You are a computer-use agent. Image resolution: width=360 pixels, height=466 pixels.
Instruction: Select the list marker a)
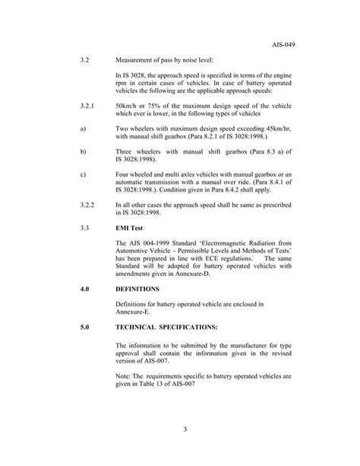click(x=82, y=130)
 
